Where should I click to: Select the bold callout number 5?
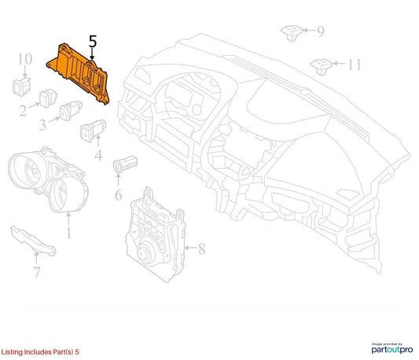click(x=93, y=42)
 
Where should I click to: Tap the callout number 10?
click(x=25, y=59)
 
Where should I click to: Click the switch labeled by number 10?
click(x=21, y=86)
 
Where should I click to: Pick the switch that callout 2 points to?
click(x=48, y=97)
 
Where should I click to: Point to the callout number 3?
click(x=42, y=124)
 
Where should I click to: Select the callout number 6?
click(x=119, y=194)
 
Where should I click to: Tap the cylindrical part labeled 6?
click(x=125, y=163)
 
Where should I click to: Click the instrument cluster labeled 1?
click(x=48, y=178)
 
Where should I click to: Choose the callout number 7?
click(x=37, y=272)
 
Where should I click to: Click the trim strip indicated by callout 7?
click(x=33, y=241)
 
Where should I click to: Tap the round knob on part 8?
click(x=146, y=252)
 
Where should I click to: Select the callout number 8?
click(x=201, y=248)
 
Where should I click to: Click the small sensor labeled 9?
click(x=292, y=32)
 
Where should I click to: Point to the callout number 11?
click(x=355, y=64)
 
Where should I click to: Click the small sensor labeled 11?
click(x=322, y=67)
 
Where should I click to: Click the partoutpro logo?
click(x=392, y=348)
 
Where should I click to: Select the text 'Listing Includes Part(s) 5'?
click(x=40, y=351)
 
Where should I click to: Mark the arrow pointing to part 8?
click(x=190, y=248)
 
